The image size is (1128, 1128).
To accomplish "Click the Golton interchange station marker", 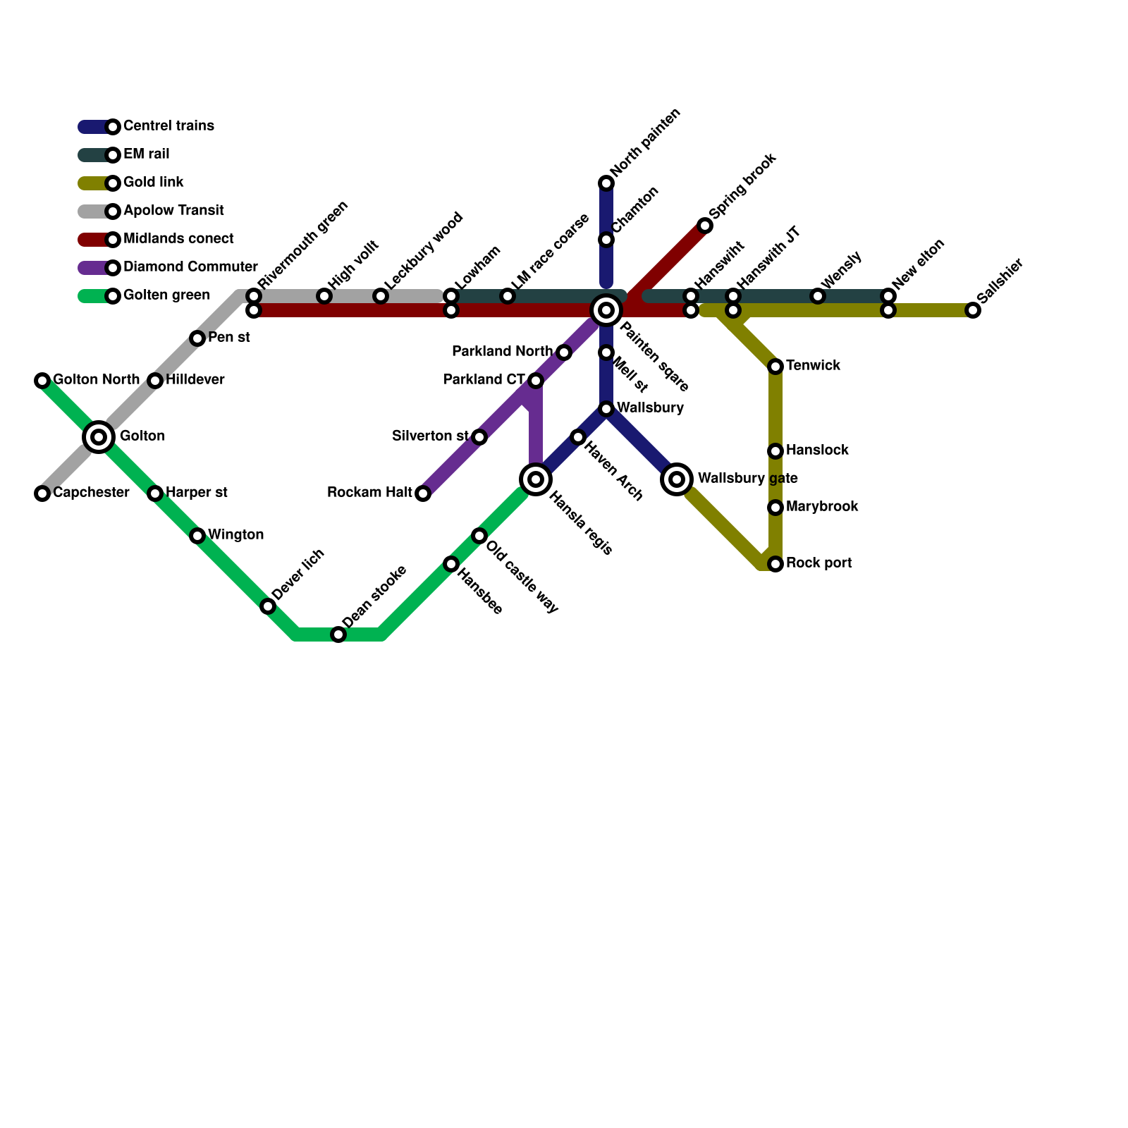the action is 99,437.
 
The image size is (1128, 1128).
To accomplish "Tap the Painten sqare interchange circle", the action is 606,310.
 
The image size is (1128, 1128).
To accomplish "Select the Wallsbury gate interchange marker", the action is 677,479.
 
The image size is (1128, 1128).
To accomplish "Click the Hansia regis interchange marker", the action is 536,479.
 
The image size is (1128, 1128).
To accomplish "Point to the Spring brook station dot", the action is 705,226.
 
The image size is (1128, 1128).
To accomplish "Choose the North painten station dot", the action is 606,183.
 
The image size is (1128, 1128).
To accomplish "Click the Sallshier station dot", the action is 973,310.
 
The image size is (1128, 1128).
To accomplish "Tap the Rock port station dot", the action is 775,564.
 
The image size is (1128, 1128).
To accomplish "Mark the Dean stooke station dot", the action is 338,634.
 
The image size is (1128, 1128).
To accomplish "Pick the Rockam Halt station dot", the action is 423,493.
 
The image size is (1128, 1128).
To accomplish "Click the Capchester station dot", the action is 42,493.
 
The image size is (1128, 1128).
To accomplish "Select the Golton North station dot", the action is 42,381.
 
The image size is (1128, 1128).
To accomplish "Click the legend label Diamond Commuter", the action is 190,267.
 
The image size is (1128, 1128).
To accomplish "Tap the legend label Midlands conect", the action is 178,239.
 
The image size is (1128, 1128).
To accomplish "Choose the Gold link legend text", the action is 153,183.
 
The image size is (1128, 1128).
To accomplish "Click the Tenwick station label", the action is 813,366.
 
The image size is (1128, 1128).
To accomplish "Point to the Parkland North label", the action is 502,352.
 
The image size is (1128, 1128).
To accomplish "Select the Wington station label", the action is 235,535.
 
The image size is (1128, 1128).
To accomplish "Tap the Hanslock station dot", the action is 775,451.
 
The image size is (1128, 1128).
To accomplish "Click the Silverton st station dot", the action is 479,437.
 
